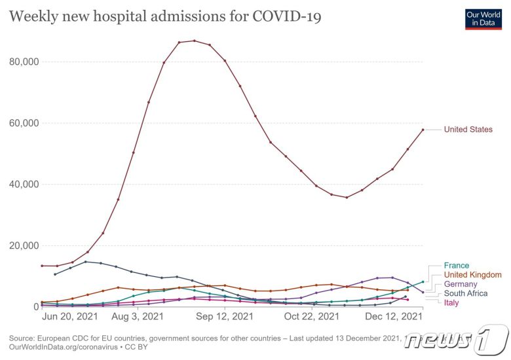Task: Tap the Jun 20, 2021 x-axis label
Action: pos(69,316)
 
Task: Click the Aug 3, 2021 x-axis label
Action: pos(138,316)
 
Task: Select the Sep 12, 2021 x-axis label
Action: pos(225,316)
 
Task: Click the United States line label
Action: pos(468,130)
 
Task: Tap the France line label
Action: pos(457,266)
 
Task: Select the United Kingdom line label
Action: pos(472,275)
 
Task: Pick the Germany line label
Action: pos(461,284)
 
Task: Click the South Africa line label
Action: pos(465,293)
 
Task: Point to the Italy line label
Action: pos(451,302)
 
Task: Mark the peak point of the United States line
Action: pos(195,41)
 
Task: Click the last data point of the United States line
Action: pos(423,130)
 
